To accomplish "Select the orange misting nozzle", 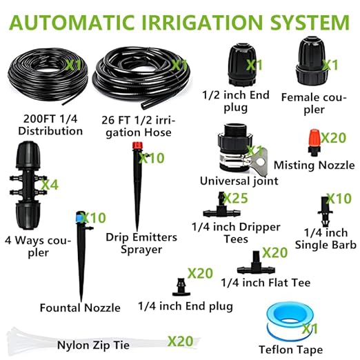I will point(314,143).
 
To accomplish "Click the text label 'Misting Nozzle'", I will point(314,166).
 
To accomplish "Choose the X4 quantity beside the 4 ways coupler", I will point(50,185).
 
